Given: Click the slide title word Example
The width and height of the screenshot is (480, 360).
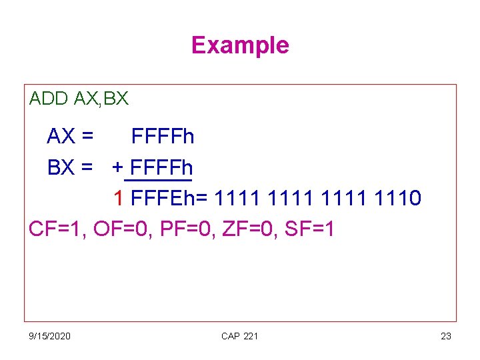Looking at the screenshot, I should coord(240,45).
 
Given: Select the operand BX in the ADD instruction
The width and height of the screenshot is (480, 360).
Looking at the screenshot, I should coord(116,99).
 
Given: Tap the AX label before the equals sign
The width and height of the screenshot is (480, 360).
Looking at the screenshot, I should coord(61,137).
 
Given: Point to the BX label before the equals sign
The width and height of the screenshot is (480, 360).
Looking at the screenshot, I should coord(61,167).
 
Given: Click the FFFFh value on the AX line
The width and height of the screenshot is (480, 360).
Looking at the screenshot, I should coord(163,137).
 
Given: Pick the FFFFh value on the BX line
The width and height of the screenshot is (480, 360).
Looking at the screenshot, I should coord(163,167).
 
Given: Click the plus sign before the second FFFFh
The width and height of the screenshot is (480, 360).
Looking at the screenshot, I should coord(117,167).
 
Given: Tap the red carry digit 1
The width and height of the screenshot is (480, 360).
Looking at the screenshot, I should coord(118,198).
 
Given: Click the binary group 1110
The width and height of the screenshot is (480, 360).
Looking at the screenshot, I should coord(398,198).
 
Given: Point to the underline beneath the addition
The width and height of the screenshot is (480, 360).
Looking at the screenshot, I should coord(158,180).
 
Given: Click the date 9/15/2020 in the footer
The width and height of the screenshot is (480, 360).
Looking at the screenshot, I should coord(50,336).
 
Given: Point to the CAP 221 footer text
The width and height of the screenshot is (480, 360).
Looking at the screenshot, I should coord(239,336).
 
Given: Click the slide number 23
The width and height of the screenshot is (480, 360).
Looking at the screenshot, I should coord(446,336).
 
